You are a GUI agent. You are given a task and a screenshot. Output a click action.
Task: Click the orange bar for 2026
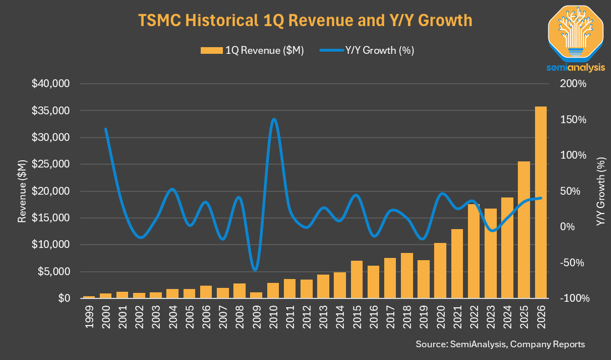pyautogui.click(x=541, y=202)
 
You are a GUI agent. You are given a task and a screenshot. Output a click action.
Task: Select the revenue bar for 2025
pyautogui.click(x=524, y=230)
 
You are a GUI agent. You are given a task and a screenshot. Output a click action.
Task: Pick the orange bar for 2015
pyautogui.click(x=357, y=280)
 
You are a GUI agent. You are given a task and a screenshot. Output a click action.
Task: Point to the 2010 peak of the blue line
pyautogui.click(x=273, y=119)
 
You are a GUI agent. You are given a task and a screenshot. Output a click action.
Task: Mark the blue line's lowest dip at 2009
pyautogui.click(x=255, y=270)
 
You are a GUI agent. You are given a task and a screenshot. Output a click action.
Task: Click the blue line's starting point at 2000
pyautogui.click(x=105, y=129)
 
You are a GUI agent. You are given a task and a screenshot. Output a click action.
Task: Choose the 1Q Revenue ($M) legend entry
pyautogui.click(x=252, y=50)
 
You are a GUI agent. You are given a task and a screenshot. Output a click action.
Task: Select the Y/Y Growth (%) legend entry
pyautogui.click(x=367, y=50)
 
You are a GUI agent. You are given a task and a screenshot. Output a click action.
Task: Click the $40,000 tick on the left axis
pyautogui.click(x=51, y=84)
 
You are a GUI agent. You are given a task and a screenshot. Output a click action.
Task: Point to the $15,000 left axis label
pyautogui.click(x=51, y=218)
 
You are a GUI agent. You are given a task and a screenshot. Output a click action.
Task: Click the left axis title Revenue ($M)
pyautogui.click(x=22, y=191)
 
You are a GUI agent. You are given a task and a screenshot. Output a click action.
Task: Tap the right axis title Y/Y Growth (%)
pyautogui.click(x=601, y=191)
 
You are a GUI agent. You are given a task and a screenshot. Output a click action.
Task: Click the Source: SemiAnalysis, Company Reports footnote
pyautogui.click(x=500, y=344)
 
